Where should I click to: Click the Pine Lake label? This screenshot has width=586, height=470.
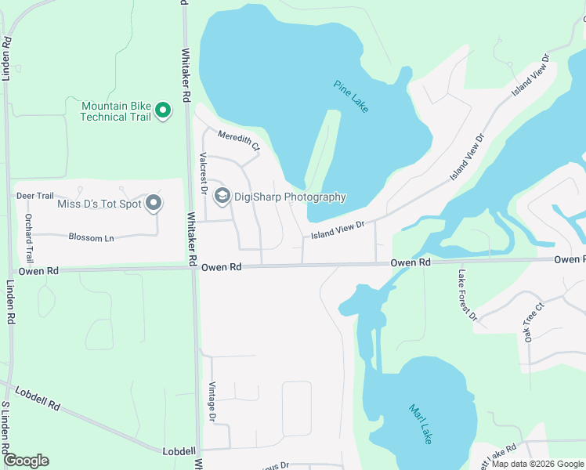(350, 96)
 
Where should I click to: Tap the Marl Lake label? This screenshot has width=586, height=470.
(420, 424)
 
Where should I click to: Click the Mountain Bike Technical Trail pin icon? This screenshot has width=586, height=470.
(163, 110)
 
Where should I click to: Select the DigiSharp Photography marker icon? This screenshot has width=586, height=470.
(222, 196)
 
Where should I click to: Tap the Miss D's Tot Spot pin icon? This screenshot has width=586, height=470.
(154, 204)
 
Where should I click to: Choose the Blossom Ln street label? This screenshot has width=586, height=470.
(91, 237)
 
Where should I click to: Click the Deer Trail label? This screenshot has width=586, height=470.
(34, 196)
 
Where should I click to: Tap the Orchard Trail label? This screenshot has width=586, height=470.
(29, 237)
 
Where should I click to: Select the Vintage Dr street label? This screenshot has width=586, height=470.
(212, 401)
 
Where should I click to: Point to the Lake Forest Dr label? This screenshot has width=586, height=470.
(467, 295)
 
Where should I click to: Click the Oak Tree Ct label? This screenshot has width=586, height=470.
(534, 323)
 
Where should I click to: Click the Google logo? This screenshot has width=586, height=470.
(26, 460)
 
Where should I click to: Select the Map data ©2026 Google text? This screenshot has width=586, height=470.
(538, 464)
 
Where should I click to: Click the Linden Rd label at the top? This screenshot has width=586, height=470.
(5, 58)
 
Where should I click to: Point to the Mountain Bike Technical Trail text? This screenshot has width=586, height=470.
(115, 111)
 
